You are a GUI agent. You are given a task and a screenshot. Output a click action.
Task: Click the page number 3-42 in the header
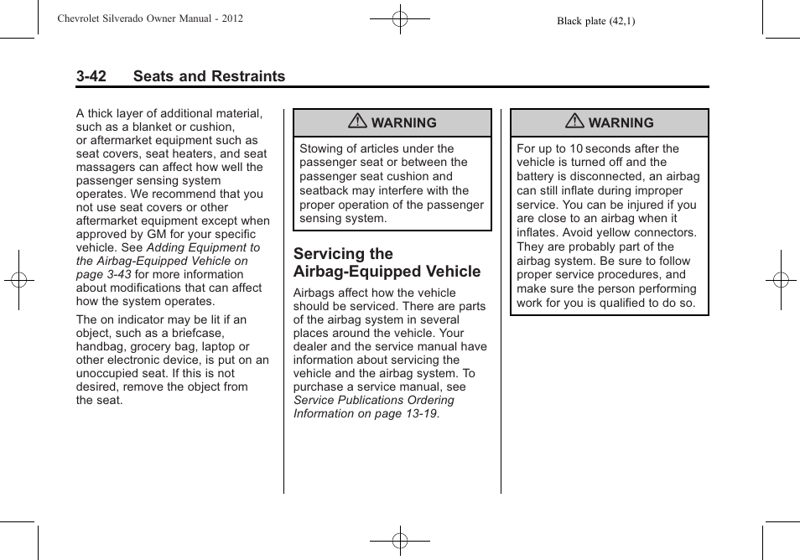coord(91,76)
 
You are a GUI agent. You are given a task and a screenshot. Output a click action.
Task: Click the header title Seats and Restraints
coord(209,76)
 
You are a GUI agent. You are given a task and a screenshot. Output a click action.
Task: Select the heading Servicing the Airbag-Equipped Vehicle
coord(387,262)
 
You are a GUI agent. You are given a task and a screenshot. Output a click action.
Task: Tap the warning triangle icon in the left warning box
coord(358,122)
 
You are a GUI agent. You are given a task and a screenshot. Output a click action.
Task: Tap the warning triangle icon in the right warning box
coord(574,122)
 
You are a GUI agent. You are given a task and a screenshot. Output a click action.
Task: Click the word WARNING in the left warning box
coord(403,123)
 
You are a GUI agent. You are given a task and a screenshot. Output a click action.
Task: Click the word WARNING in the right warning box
coord(621,123)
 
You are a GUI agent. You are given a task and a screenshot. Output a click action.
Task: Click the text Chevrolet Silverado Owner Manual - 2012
coord(150,18)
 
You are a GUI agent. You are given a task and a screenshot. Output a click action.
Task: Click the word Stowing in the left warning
coord(321,148)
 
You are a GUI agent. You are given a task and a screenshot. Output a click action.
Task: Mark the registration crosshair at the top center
coord(400,18)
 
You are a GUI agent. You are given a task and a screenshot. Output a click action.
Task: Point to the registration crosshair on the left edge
coord(18,280)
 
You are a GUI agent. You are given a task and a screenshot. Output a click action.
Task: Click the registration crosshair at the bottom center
coord(400,542)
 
